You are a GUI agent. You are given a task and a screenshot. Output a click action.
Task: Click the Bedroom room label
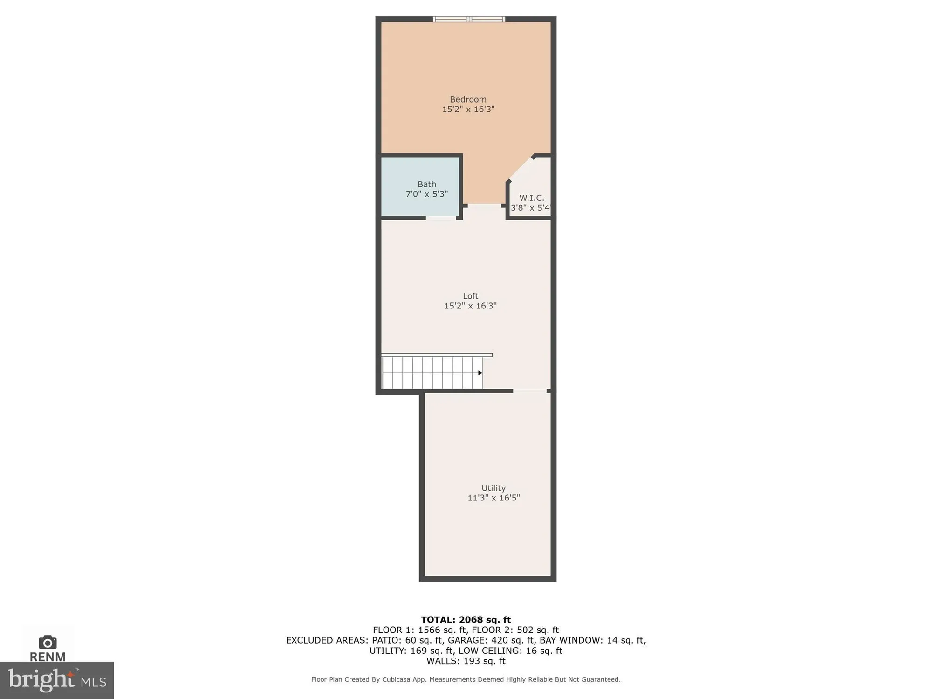(468, 99)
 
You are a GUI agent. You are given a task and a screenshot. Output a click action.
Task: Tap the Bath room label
(426, 184)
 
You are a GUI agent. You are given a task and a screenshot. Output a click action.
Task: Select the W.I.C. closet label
(531, 198)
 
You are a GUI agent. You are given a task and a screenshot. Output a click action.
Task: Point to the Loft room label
(470, 296)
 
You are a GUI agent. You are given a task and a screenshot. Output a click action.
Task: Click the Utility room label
(493, 488)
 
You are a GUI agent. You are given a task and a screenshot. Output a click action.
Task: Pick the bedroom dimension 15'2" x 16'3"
(468, 110)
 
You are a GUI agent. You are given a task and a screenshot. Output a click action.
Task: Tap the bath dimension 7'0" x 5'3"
(426, 194)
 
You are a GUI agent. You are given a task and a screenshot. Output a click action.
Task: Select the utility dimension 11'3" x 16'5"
(493, 498)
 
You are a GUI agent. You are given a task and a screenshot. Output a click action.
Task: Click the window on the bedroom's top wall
(469, 19)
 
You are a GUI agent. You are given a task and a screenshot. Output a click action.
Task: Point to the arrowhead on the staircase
(480, 373)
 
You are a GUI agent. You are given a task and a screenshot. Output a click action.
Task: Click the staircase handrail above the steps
(437, 355)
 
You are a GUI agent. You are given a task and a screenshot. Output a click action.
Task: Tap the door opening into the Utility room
(530, 391)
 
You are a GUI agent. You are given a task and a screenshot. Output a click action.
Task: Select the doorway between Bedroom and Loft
(485, 206)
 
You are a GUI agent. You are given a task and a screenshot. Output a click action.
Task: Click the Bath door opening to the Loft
(441, 218)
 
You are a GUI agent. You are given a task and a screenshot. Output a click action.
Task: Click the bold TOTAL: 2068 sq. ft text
(466, 620)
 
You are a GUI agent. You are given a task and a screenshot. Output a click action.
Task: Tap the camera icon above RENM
(48, 642)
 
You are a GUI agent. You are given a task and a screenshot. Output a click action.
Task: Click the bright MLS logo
(57, 680)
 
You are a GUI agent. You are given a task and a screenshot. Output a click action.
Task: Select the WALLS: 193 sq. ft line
(466, 661)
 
